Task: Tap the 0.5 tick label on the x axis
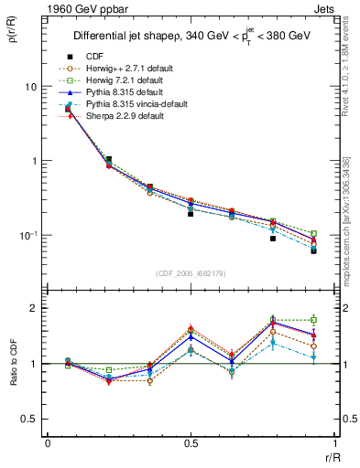(x=191, y=443)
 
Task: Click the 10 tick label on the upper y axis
(x=29, y=87)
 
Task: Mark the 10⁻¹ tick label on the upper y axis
(x=27, y=235)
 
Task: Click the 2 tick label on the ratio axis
(x=32, y=308)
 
